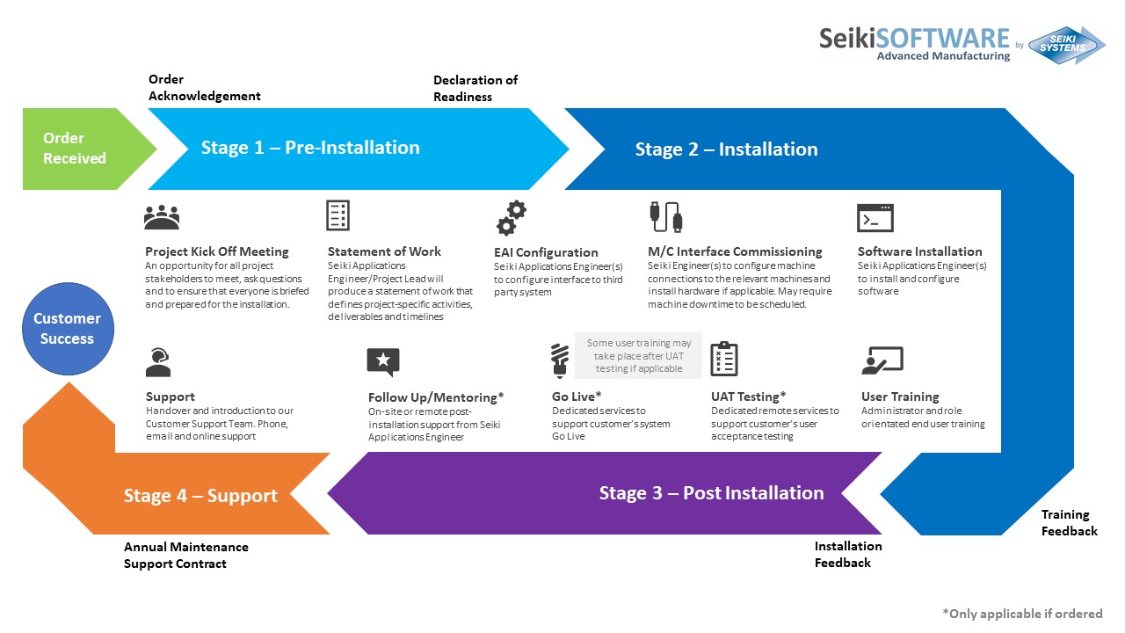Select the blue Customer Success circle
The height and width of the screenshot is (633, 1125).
(x=67, y=329)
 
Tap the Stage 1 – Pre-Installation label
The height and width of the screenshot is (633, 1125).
(x=310, y=148)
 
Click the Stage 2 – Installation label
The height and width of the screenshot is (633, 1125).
(x=726, y=149)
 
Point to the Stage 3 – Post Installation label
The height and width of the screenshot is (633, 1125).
(x=711, y=493)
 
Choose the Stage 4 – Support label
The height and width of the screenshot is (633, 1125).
(x=200, y=496)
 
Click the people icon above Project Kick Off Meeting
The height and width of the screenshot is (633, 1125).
(x=162, y=216)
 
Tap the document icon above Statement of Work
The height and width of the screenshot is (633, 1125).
(x=337, y=215)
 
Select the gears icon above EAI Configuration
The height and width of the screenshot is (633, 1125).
(x=511, y=218)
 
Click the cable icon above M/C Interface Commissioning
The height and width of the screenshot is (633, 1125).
(x=664, y=217)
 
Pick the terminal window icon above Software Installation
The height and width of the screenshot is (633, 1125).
(x=875, y=217)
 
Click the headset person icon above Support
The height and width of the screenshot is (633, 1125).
(x=158, y=361)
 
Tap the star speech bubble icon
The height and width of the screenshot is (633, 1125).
(x=383, y=361)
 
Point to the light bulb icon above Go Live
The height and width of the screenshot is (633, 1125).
(x=559, y=361)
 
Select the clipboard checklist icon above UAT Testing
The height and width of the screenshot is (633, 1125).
(x=724, y=359)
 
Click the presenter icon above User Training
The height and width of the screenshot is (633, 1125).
(x=882, y=360)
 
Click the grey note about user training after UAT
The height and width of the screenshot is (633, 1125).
(x=639, y=355)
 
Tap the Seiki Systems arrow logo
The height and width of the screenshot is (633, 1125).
(x=1066, y=45)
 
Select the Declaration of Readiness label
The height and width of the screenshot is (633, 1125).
(x=475, y=88)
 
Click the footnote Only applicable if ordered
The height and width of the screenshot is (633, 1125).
(x=1021, y=614)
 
